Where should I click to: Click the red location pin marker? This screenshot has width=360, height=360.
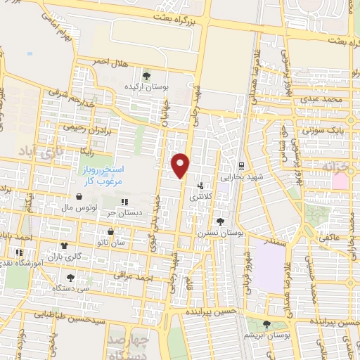[181, 165]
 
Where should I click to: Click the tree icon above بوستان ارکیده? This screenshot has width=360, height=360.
[146, 75]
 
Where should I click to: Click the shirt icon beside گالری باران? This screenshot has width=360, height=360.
[65, 246]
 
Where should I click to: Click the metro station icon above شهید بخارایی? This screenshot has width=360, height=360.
[241, 167]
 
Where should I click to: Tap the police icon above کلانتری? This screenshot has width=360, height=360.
[201, 187]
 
